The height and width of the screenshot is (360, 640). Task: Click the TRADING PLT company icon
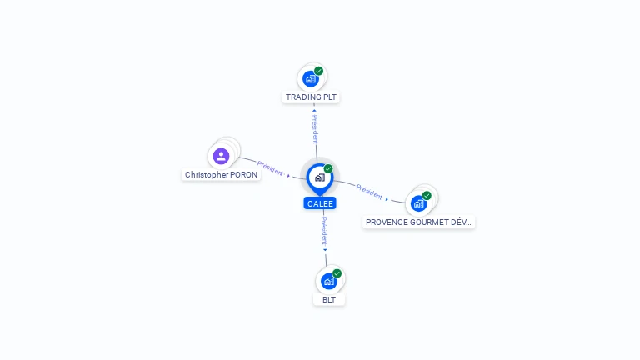[x=311, y=79]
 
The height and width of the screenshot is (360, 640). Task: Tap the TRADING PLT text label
[x=312, y=97]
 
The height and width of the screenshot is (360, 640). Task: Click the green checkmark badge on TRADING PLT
[x=319, y=71]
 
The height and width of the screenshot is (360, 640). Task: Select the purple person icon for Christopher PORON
[x=221, y=156]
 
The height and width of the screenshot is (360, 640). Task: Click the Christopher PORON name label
[x=221, y=175]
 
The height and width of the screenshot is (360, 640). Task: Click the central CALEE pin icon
[x=319, y=177]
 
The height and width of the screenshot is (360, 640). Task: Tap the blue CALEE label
[x=320, y=203]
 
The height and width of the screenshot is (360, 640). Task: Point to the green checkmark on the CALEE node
[x=328, y=169]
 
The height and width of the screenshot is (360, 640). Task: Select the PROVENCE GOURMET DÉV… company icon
[x=418, y=202]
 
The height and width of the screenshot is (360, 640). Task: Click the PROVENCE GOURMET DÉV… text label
[x=419, y=222]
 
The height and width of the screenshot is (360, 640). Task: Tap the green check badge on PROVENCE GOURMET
[x=427, y=196]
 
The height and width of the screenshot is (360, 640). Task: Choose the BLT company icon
[x=329, y=281]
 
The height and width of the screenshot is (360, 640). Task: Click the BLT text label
[x=329, y=299]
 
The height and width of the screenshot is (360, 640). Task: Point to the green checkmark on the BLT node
[x=337, y=273]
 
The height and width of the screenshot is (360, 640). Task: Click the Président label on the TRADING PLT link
[x=315, y=129]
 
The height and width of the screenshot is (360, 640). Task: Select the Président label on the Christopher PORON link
[x=270, y=167]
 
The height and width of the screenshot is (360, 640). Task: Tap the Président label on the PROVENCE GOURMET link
[x=369, y=191]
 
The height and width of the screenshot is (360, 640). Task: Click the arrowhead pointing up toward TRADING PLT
[x=314, y=110]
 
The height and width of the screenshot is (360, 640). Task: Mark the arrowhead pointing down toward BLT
[x=326, y=249]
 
